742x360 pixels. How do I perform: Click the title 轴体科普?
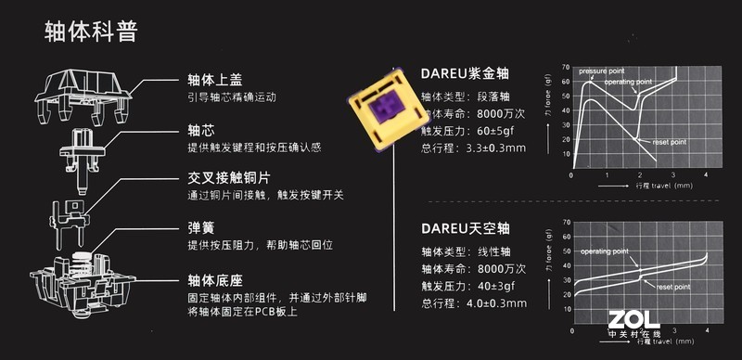click(x=91, y=33)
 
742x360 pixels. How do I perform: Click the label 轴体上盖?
click(x=214, y=79)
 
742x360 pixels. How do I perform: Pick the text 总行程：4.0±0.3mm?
click(x=473, y=302)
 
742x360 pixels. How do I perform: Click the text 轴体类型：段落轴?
click(x=460, y=96)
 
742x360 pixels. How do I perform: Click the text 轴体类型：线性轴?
click(x=460, y=251)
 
